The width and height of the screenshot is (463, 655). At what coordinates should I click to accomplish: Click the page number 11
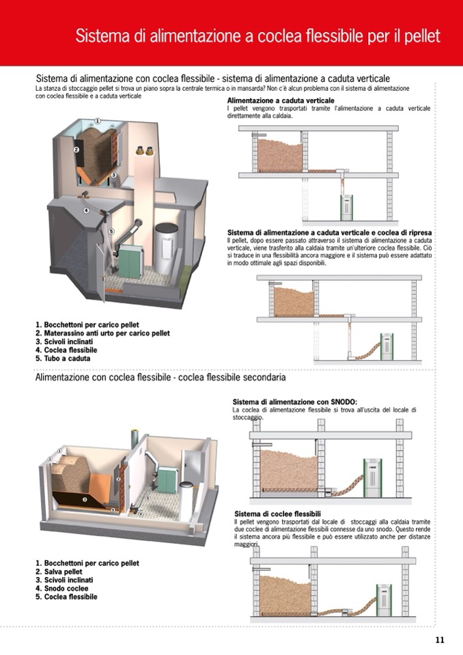point(439,640)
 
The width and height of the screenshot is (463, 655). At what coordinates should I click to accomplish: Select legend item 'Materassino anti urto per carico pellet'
point(102,333)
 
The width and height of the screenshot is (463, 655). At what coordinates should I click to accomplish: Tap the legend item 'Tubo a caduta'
point(63,358)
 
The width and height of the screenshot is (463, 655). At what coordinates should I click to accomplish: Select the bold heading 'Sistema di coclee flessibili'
point(277,514)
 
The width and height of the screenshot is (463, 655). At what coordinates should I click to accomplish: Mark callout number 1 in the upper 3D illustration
point(98,122)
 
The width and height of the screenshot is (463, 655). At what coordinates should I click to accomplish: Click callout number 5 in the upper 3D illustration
point(111,232)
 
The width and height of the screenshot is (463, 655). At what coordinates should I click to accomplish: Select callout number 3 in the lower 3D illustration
point(84,500)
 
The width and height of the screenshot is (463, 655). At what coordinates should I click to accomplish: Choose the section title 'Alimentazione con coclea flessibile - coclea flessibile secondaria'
point(160,377)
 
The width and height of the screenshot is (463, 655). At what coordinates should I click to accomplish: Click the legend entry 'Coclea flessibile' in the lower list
point(66,596)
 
